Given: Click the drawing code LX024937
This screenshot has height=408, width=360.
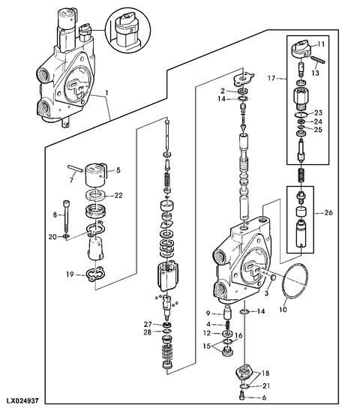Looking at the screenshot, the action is (x=22, y=401).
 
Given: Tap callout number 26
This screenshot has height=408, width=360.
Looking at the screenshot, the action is (x=328, y=213).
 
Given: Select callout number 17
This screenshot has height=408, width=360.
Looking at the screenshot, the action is (x=271, y=78).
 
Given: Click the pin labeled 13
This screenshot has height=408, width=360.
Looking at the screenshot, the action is (x=317, y=60).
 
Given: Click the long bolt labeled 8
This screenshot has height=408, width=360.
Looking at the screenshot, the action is (x=67, y=215).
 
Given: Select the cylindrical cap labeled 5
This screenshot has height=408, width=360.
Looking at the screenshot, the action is (x=96, y=174).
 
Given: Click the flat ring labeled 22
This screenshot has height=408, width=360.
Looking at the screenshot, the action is (x=95, y=195).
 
